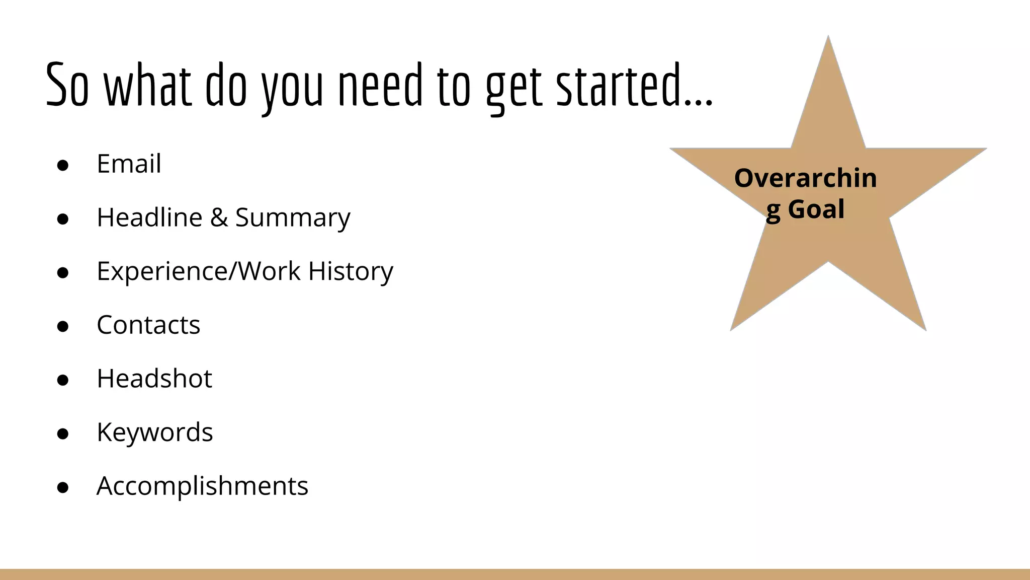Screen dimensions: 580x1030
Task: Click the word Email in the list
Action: [x=129, y=164]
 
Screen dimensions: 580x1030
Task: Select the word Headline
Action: [x=149, y=217]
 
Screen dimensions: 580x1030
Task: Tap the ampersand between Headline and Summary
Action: [x=219, y=217]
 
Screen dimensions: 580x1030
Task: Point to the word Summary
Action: [x=293, y=219]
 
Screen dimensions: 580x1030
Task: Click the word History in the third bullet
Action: [x=351, y=271]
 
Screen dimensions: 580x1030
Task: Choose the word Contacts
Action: [x=148, y=325]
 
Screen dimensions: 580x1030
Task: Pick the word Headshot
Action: [x=154, y=379]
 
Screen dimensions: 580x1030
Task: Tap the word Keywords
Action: [x=155, y=432]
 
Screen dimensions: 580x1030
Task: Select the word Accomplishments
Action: [x=202, y=486]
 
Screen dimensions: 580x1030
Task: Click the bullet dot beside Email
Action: [x=63, y=166]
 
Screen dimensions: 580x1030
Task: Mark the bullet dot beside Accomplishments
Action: [x=63, y=488]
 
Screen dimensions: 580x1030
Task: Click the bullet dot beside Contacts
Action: [x=63, y=327]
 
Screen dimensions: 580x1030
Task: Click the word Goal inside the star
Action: [x=816, y=209]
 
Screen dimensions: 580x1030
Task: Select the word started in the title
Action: [x=619, y=86]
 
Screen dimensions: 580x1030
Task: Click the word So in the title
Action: [x=67, y=86]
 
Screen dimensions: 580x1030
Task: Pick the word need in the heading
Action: [x=380, y=86]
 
